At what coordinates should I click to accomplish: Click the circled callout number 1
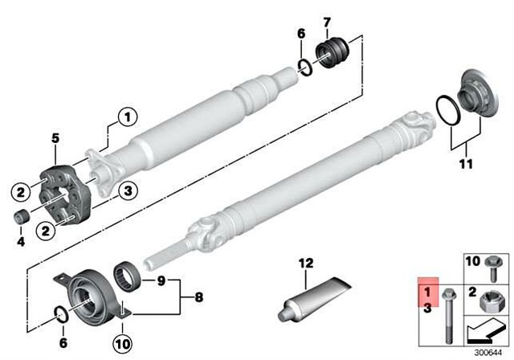coord(124,118)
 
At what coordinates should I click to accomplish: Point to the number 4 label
coord(22,240)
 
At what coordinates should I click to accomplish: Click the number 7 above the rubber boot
coord(326,21)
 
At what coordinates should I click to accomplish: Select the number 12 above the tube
coord(305,262)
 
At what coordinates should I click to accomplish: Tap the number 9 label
coord(161,280)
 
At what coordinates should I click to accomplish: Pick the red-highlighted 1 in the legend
coord(427,292)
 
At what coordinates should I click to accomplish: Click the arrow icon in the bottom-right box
coord(484,329)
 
